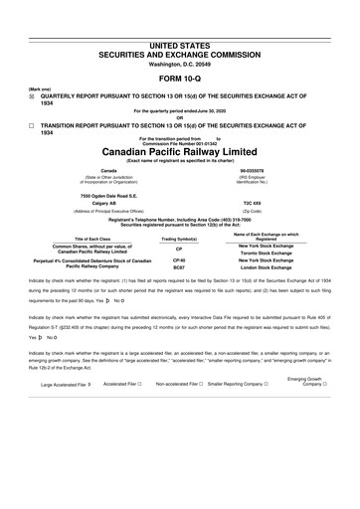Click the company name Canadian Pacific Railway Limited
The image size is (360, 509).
click(179, 152)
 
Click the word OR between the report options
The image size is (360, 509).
click(179, 114)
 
